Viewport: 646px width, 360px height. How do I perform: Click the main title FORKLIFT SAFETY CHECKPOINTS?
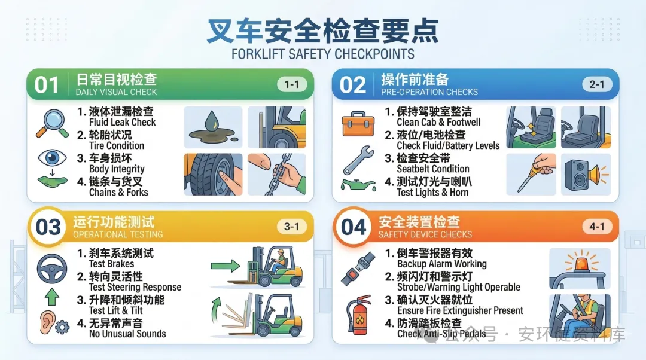[322, 54]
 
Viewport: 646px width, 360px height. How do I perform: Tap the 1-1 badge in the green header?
[291, 84]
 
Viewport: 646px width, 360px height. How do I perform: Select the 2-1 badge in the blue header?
[596, 84]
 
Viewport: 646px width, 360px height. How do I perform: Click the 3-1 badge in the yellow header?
[291, 227]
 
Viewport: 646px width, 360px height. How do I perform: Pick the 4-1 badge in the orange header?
[596, 227]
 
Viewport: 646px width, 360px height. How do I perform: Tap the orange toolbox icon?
[358, 124]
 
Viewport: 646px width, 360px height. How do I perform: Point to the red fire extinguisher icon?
[358, 315]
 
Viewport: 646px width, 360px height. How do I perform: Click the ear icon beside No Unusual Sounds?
[48, 322]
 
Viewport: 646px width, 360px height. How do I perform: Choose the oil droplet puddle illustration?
[213, 127]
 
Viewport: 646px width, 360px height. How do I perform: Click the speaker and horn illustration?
[586, 174]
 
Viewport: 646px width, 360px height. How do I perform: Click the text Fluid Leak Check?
[123, 123]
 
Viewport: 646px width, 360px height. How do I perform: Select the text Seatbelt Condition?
[433, 169]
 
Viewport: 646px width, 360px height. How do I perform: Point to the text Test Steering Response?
[135, 287]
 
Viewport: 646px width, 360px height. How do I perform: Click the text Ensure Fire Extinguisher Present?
[460, 310]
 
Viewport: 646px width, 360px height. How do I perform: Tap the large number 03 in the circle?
[48, 227]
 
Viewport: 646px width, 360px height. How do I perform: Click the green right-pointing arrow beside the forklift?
[226, 266]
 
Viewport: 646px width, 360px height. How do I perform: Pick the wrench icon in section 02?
[358, 160]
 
